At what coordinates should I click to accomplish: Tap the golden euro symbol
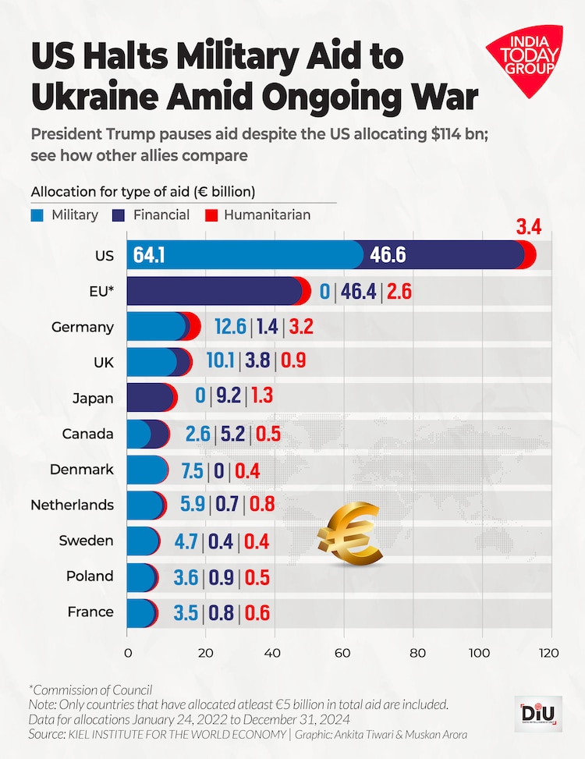[350, 535]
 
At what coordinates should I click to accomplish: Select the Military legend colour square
[37, 215]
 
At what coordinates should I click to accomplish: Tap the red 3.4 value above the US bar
[528, 228]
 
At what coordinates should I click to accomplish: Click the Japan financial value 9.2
[228, 399]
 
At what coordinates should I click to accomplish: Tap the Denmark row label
[82, 470]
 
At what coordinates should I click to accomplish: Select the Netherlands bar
[146, 505]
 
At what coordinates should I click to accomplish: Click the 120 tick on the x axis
[551, 653]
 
